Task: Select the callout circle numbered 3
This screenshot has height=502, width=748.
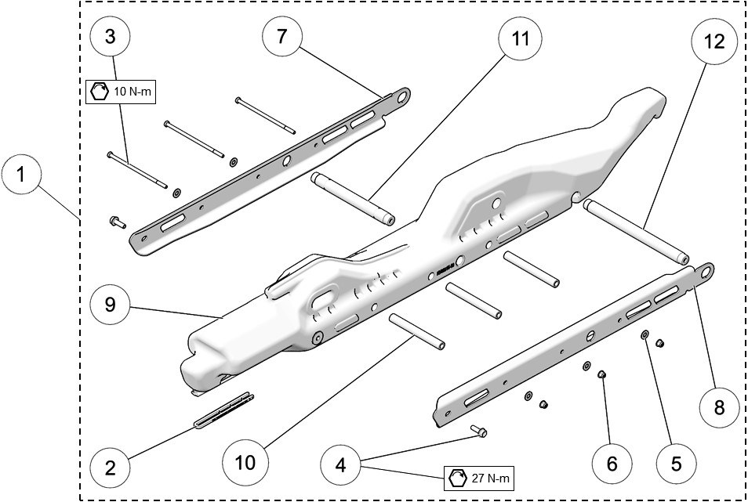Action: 110,36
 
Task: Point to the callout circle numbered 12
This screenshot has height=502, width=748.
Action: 714,42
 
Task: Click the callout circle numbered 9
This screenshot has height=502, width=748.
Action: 110,304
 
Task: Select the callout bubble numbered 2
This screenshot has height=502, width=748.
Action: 110,468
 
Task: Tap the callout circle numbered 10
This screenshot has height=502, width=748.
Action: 245,462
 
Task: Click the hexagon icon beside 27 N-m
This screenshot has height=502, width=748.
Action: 456,477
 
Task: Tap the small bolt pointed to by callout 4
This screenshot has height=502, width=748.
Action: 480,431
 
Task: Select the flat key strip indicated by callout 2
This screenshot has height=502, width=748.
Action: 223,410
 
